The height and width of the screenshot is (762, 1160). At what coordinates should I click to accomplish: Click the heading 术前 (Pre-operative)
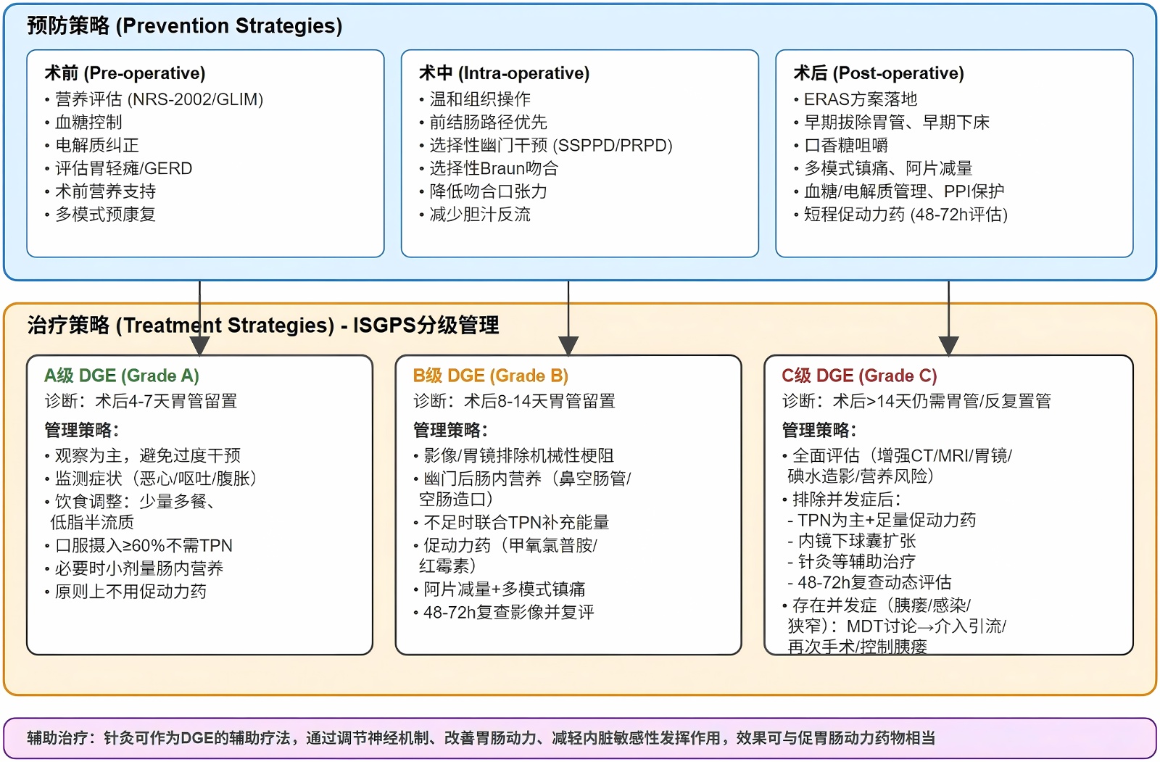(125, 73)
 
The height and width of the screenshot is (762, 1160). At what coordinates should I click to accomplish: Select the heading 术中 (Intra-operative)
(504, 73)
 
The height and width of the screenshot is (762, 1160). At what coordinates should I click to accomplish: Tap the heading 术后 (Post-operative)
(879, 73)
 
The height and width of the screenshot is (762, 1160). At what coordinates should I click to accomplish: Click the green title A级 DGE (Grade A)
(121, 376)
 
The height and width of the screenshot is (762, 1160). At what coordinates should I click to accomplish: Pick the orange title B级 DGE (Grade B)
(490, 376)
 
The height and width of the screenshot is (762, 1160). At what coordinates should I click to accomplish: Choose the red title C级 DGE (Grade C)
(859, 376)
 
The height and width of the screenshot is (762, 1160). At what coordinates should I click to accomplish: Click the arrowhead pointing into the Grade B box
(568, 345)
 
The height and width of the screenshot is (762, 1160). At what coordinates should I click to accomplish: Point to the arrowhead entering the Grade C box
(948, 345)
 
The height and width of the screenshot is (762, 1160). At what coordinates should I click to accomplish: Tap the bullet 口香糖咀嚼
(845, 145)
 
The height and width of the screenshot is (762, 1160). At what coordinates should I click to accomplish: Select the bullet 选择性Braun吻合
(494, 168)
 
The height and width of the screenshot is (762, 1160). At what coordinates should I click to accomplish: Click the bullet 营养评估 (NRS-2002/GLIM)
(159, 99)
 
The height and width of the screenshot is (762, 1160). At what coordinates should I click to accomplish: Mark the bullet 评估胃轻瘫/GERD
(123, 168)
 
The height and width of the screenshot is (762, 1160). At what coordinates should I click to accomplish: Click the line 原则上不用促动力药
(130, 592)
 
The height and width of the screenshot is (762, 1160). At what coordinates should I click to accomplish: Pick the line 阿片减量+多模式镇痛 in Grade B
(504, 589)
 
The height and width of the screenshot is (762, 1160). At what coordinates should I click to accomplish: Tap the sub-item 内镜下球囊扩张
(856, 541)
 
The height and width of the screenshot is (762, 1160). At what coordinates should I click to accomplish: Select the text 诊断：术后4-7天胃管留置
(141, 401)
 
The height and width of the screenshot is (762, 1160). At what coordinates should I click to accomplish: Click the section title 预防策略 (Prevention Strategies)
(184, 26)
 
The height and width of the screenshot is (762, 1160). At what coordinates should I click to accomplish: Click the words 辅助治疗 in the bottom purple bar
(57, 738)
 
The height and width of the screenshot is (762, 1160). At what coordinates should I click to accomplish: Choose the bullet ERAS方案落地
(860, 99)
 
